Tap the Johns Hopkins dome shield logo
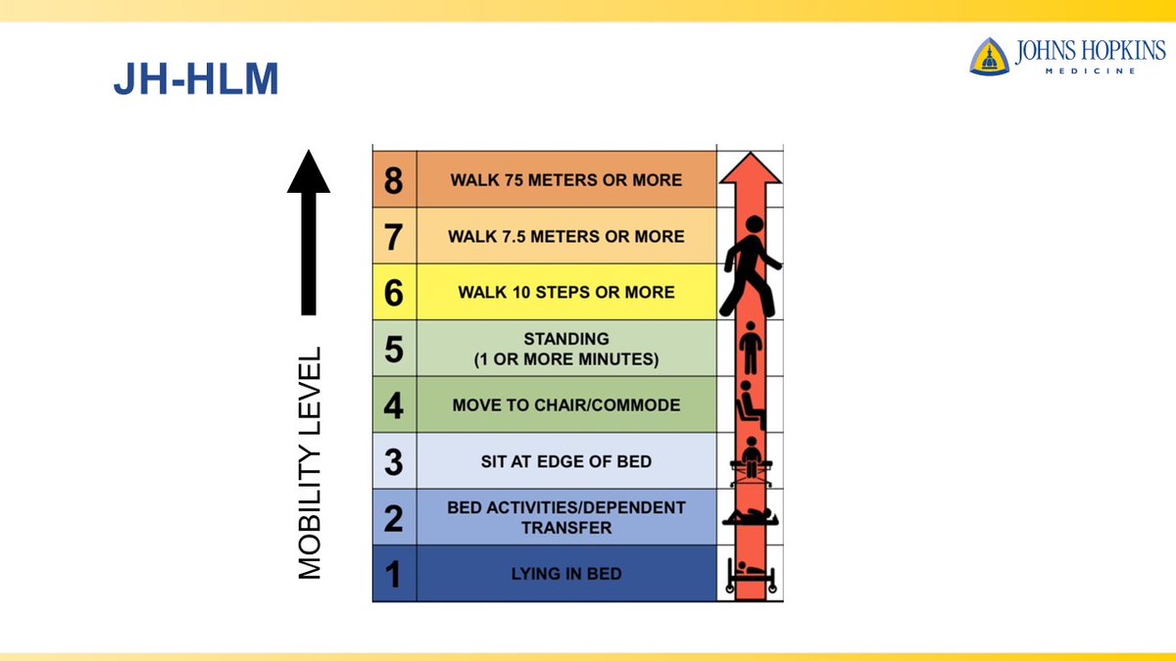pos(990,56)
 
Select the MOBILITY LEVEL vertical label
pos(310,462)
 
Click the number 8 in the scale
pos(394,180)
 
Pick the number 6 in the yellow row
pos(394,292)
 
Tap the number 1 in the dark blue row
pos(394,574)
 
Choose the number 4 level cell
pos(394,405)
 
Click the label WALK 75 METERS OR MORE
pos(566,180)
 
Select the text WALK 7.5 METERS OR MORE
pos(566,236)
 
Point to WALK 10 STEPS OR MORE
pos(566,292)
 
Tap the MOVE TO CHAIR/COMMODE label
pos(566,405)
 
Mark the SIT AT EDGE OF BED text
pos(566,461)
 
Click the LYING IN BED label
pos(566,574)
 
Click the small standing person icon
pos(751,348)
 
